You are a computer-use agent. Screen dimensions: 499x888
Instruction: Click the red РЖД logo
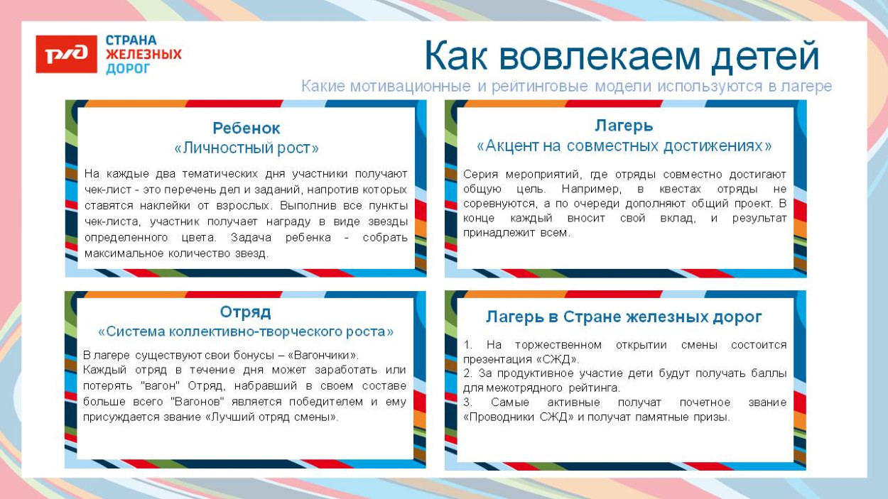tap(66, 54)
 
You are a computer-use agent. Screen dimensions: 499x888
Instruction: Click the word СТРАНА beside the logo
tap(131, 40)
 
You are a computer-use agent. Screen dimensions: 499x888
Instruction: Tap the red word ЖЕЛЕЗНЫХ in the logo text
tap(144, 55)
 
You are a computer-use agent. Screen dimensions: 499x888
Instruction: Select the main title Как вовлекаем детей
tap(622, 56)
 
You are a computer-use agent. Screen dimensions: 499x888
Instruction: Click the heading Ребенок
tap(247, 128)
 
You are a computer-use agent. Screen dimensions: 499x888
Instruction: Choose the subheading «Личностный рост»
tap(247, 148)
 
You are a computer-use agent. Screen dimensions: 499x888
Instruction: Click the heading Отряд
tap(245, 312)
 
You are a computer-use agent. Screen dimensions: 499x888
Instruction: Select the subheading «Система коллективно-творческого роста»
tap(245, 331)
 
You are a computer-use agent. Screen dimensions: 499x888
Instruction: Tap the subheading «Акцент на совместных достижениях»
tap(624, 146)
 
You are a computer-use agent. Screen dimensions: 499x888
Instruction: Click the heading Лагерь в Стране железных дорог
tap(624, 317)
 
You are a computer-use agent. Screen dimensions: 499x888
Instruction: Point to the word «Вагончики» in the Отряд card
tap(323, 355)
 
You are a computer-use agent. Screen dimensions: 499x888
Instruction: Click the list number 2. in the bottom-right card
tap(467, 373)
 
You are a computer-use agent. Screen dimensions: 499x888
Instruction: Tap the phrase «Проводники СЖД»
tap(519, 417)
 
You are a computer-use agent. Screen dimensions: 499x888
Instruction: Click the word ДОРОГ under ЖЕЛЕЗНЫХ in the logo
tap(128, 69)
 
